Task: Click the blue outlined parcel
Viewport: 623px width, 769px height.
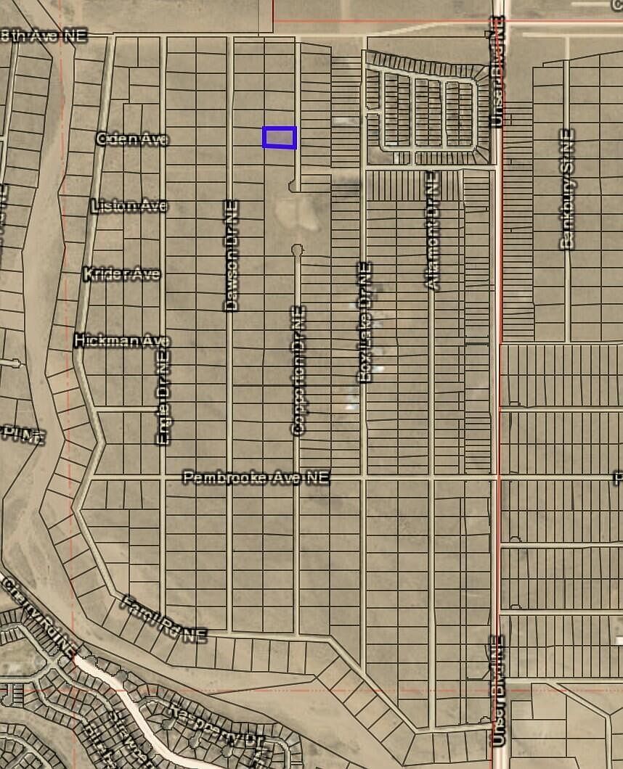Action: click(x=280, y=137)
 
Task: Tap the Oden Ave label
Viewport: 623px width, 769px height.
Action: click(x=132, y=139)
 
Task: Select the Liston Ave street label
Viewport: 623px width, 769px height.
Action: click(x=129, y=206)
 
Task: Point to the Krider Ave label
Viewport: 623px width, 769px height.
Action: click(x=121, y=274)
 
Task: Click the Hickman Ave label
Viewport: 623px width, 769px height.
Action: click(x=122, y=340)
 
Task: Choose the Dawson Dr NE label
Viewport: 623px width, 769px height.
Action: click(x=231, y=255)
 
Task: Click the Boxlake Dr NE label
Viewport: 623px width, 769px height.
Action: click(x=365, y=321)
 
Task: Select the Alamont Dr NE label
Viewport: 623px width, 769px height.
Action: click(x=432, y=230)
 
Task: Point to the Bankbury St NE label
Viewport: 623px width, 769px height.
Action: click(x=567, y=189)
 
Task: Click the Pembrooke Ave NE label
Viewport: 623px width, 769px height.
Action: click(x=256, y=477)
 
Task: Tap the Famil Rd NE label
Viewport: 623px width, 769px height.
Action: click(x=163, y=619)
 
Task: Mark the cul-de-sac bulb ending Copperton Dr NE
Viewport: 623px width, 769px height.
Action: click(x=297, y=250)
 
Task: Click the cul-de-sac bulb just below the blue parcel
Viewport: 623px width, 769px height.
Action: click(x=294, y=187)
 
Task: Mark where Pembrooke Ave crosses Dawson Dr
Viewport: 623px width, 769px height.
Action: click(x=230, y=477)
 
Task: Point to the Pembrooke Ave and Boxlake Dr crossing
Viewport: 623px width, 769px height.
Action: click(x=364, y=477)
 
